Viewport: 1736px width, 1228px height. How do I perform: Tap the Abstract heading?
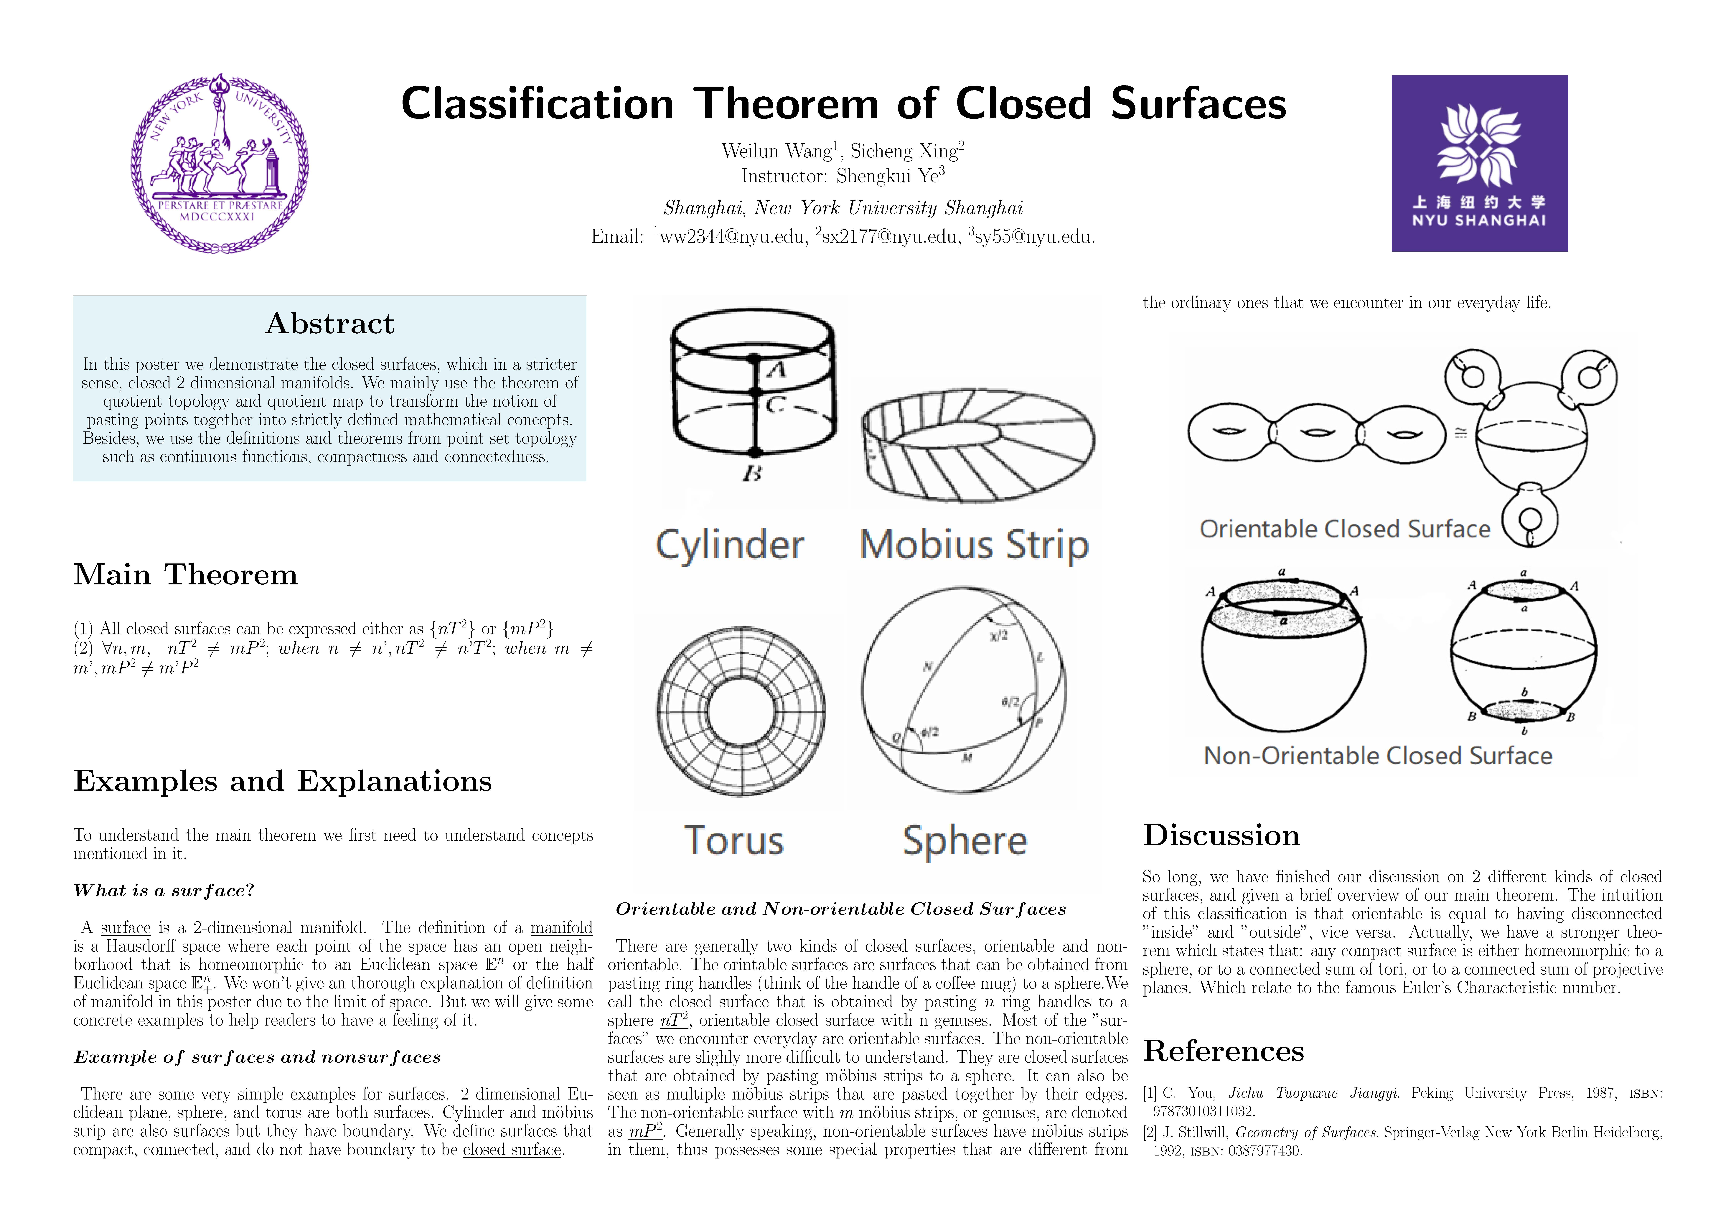pyautogui.click(x=330, y=324)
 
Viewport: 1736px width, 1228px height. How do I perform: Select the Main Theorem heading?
pyautogui.click(x=185, y=575)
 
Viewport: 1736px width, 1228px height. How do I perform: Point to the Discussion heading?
pyautogui.click(x=1221, y=835)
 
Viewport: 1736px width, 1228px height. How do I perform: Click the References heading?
pyautogui.click(x=1223, y=1050)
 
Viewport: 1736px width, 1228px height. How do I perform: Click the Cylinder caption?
pyautogui.click(x=730, y=544)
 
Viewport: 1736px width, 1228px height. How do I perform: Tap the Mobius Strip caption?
pyautogui.click(x=974, y=544)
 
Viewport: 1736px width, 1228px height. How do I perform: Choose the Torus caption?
pyautogui.click(x=733, y=840)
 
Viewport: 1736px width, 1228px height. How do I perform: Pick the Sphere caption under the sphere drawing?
pyautogui.click(x=965, y=840)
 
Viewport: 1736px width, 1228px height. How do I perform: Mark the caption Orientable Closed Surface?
pyautogui.click(x=1344, y=529)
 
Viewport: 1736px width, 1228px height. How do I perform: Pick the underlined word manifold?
pyautogui.click(x=561, y=928)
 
